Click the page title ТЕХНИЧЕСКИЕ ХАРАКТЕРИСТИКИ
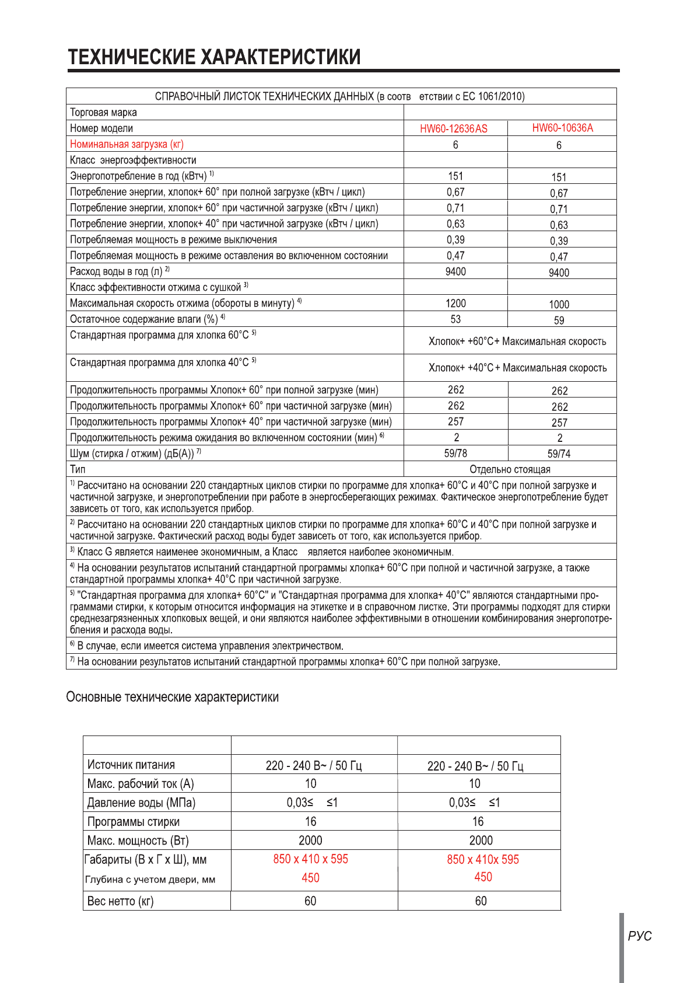pos(214,57)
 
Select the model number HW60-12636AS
pos(454,128)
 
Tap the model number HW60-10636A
pos(562,128)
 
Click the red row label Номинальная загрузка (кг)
pos(127,144)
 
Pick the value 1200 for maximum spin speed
pos(455,304)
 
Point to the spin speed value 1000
pos(559,304)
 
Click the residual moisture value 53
pos(455,319)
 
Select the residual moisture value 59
pos(559,320)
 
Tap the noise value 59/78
pos(455,454)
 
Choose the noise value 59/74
pos(559,454)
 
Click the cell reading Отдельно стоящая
pos(510,469)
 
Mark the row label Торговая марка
pos(103,113)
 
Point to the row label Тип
pos(78,469)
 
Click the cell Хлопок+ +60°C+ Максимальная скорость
pos(517,341)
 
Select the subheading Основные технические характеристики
pos(172,697)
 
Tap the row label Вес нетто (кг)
pos(120,901)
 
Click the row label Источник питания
pos(131,765)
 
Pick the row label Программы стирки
pos(133,822)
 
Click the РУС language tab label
pos(639,936)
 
